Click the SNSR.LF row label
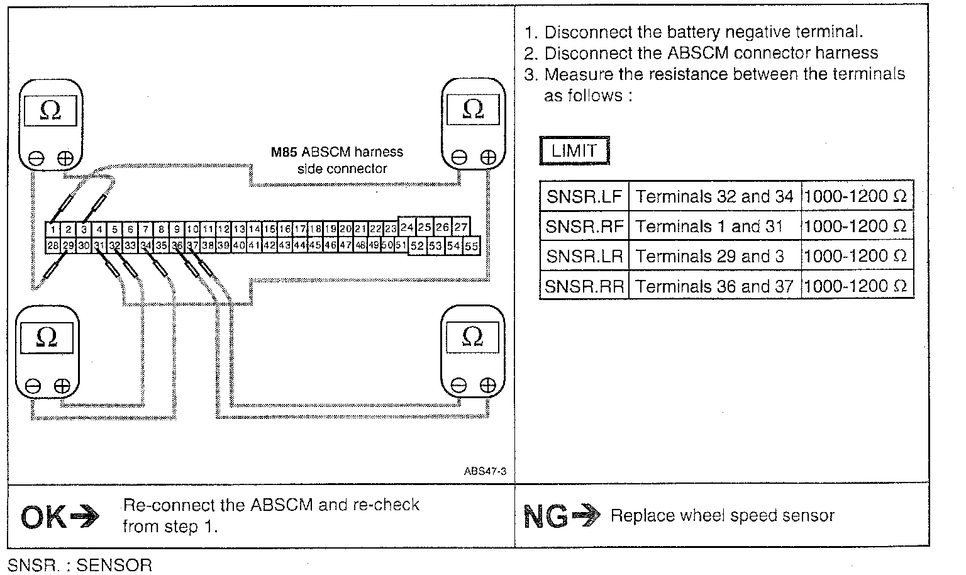[x=584, y=196]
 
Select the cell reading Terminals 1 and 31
[x=709, y=226]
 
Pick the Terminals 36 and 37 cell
[x=714, y=286]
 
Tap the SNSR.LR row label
[x=584, y=256]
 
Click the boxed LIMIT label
[x=574, y=151]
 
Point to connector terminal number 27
[x=460, y=227]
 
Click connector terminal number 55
[x=472, y=246]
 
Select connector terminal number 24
[x=407, y=227]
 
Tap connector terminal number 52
[x=417, y=246]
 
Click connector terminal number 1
[x=55, y=230]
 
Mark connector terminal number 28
[x=53, y=245]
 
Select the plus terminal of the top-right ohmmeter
[x=488, y=157]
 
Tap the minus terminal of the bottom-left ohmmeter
[x=33, y=386]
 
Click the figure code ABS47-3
[x=485, y=471]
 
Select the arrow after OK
[x=84, y=518]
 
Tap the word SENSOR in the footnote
[x=114, y=565]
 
